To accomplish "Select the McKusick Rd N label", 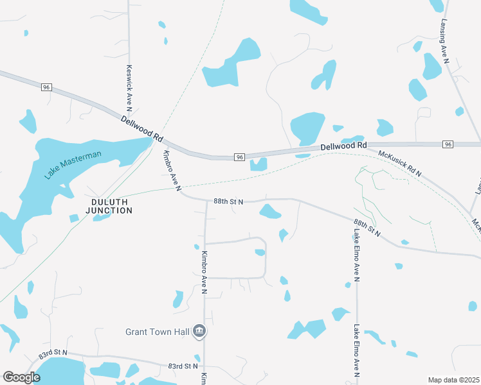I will click(x=399, y=164).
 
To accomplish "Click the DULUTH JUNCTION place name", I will click(x=109, y=206).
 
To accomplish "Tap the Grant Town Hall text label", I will click(x=157, y=332).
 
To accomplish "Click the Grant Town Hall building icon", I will click(x=199, y=331).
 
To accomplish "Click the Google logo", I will click(x=21, y=377).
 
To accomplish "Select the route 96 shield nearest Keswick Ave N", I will click(x=46, y=87).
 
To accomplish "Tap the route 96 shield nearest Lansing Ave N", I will click(x=448, y=144).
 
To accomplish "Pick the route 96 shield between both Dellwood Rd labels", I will click(x=239, y=157).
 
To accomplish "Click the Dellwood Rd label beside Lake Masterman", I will click(x=142, y=129).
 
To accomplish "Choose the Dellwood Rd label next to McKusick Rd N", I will click(x=343, y=146).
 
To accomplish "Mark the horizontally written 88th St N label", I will click(x=228, y=201).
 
